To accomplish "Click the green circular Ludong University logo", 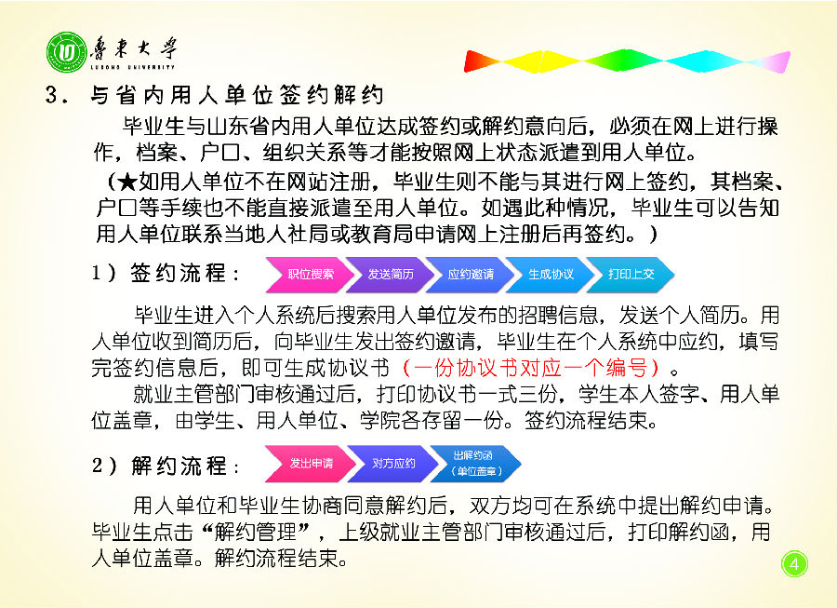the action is click(x=67, y=52).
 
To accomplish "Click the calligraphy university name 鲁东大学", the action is click(x=133, y=49).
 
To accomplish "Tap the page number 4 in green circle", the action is click(x=794, y=564).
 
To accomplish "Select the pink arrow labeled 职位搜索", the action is click(x=310, y=275).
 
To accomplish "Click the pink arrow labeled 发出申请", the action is click(x=310, y=463).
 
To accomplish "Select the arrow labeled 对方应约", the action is click(x=392, y=463).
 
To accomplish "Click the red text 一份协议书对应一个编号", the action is click(x=531, y=368).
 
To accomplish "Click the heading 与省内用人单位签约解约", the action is click(x=237, y=95).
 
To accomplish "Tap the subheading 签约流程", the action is click(x=179, y=273).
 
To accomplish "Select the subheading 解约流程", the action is click(x=179, y=466).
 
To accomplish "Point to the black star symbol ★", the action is click(x=127, y=182).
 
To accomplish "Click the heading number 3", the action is click(x=52, y=95).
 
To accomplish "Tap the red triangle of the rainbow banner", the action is click(x=484, y=61).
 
